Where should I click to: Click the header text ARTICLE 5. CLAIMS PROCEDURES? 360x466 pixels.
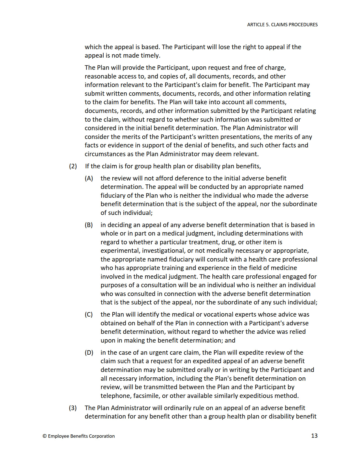(282, 25)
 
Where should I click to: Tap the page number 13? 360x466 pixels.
(314, 435)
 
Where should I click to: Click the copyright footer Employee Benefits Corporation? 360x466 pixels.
(79, 436)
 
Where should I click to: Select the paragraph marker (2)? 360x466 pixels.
(73, 166)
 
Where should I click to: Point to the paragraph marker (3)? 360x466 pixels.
(73, 408)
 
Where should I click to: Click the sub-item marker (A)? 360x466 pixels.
(89, 178)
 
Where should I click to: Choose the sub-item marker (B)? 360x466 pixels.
(89, 225)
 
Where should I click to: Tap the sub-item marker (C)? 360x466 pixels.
(89, 314)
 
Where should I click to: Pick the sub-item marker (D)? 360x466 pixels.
(89, 352)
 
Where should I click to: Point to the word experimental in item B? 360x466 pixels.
(120, 251)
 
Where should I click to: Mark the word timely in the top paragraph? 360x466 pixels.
(150, 55)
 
